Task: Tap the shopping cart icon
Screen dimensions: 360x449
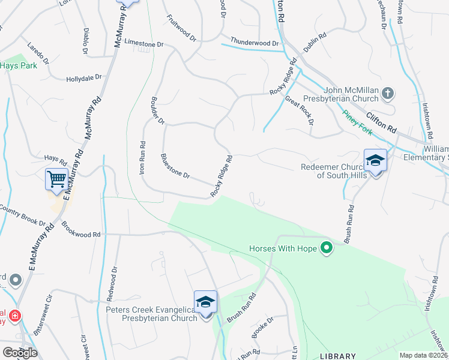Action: click(56, 178)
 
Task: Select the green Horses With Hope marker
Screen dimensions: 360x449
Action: click(327, 248)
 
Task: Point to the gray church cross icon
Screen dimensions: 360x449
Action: click(388, 93)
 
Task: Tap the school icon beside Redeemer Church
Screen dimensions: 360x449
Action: click(375, 160)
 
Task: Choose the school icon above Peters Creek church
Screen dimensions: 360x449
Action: click(205, 302)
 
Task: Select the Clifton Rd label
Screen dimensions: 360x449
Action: click(382, 124)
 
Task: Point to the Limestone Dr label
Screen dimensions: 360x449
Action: click(143, 44)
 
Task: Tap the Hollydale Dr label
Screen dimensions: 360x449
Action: click(84, 79)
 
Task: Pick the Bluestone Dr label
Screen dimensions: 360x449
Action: click(175, 167)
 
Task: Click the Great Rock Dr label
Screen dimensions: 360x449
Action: click(299, 110)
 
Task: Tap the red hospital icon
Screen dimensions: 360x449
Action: click(14, 315)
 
